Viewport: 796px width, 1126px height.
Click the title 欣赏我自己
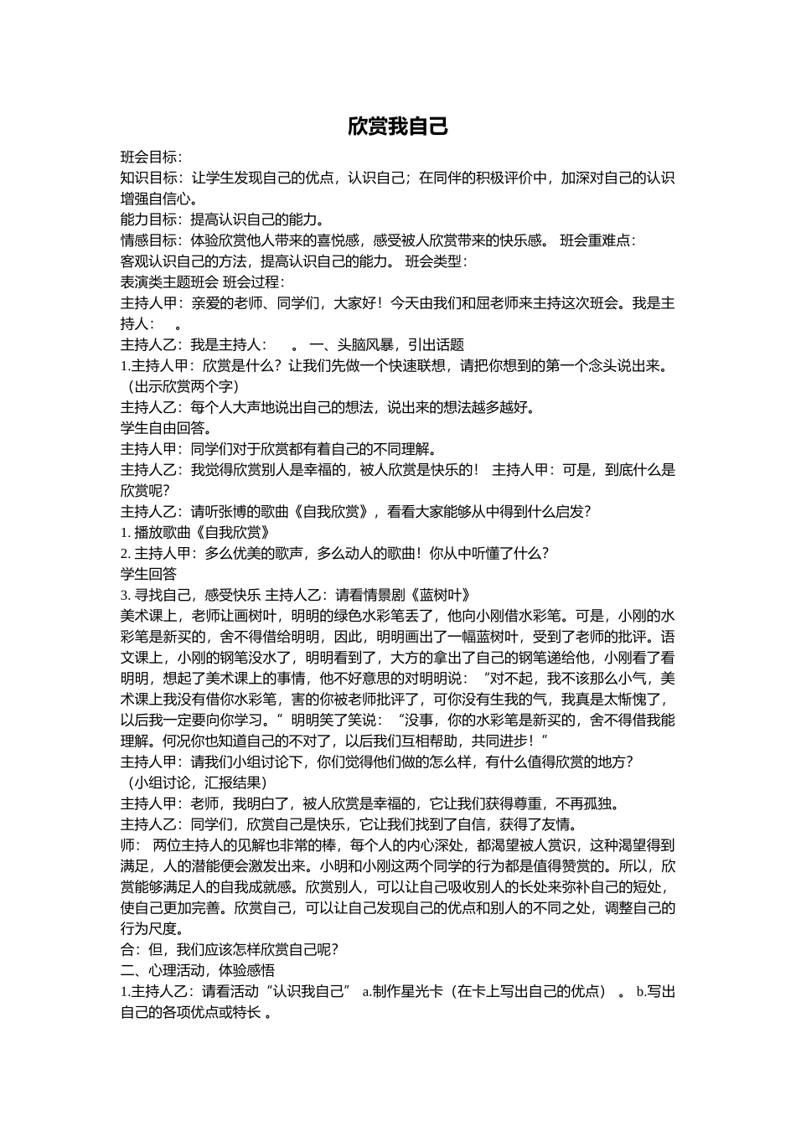(x=398, y=127)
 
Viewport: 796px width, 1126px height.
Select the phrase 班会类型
(x=439, y=261)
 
